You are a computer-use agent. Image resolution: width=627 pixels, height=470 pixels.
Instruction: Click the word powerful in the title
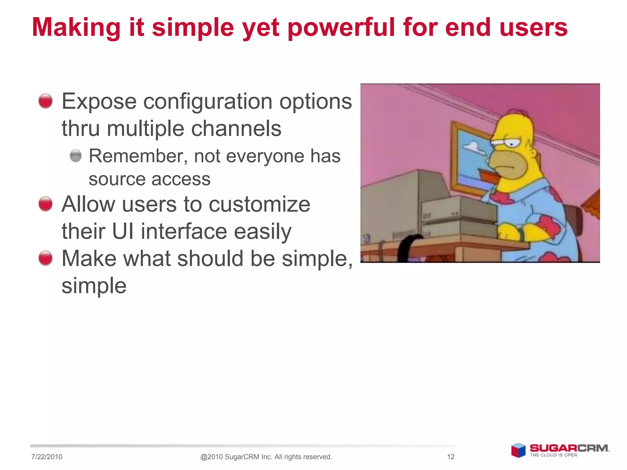tap(341, 28)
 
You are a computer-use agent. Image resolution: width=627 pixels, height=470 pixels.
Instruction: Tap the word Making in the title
tap(76, 28)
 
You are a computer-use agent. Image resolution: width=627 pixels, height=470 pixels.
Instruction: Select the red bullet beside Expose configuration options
tap(46, 101)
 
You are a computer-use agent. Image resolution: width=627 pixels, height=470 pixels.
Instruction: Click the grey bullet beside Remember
tap(76, 156)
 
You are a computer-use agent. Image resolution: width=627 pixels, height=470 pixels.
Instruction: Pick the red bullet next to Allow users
tap(46, 204)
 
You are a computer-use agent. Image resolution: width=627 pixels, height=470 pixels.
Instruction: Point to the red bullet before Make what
tap(46, 258)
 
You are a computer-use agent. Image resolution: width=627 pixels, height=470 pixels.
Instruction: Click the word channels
tap(236, 129)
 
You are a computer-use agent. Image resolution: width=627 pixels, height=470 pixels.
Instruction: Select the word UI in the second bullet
tap(123, 231)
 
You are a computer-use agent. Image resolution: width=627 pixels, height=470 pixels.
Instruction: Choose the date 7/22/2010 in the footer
tap(47, 457)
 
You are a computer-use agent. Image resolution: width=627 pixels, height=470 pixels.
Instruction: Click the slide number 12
tap(451, 457)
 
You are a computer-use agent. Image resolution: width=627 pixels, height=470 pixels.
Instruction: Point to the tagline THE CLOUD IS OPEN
tap(554, 455)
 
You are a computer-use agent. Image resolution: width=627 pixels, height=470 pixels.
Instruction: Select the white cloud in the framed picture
tap(473, 147)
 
